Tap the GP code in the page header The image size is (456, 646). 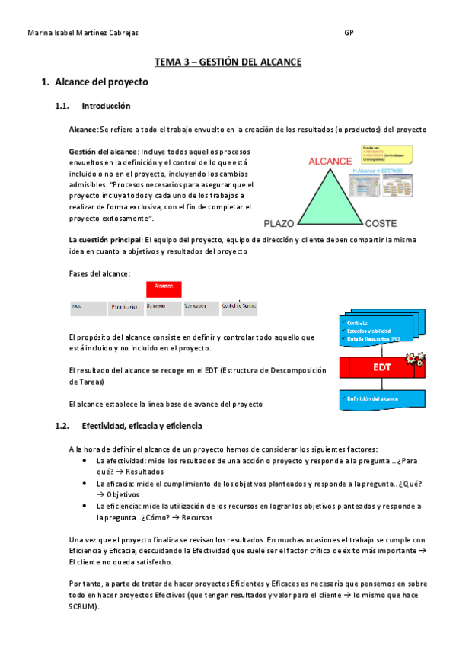(x=349, y=34)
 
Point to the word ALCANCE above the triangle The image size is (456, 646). (x=330, y=161)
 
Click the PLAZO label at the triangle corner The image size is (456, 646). (x=278, y=224)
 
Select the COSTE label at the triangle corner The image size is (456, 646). (x=381, y=224)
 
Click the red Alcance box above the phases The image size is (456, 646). (x=164, y=289)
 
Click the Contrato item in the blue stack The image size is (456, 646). (x=358, y=322)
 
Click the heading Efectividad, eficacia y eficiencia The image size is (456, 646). (x=142, y=426)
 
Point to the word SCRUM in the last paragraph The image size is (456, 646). (x=81, y=607)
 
